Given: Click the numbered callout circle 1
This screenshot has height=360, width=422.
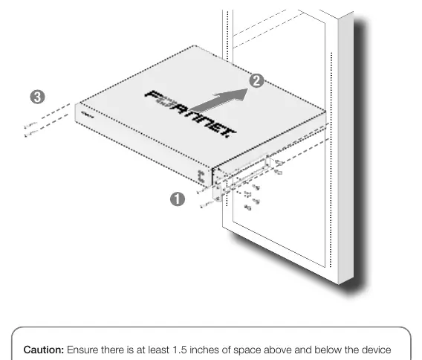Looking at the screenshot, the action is coord(178,199).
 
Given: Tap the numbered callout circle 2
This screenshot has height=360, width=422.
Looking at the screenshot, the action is coord(256,80).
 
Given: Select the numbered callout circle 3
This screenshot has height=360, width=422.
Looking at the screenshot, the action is coord(37,97).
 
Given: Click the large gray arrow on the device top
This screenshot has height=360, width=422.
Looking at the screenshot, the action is coord(219,100).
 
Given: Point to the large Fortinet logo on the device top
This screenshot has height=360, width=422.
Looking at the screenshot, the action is coord(190,114).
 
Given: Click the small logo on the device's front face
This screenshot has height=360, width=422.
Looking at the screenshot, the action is coord(87,115).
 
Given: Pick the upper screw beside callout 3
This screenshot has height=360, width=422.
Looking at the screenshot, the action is coord(30,125).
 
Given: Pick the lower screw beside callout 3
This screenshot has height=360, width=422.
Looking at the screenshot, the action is coord(30,133).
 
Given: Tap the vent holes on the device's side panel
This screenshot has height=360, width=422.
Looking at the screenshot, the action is coord(201,176).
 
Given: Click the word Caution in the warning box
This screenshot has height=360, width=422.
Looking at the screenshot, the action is coord(44,350).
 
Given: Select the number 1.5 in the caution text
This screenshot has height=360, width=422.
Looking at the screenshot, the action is coord(180,350).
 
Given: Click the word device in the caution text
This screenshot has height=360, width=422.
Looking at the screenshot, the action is coord(376,350).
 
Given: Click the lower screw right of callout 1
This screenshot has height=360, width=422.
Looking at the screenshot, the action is coord(206,205).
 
